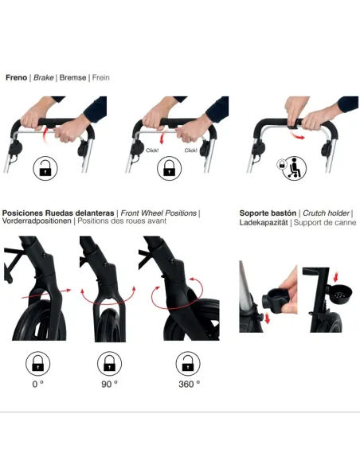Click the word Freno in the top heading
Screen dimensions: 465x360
click(16, 78)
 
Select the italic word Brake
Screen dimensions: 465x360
click(44, 78)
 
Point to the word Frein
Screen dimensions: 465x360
click(100, 78)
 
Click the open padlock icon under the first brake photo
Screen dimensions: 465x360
click(45, 169)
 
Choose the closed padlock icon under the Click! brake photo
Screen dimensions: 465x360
click(168, 169)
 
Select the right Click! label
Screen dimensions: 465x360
click(190, 150)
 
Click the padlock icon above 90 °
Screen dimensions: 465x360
click(110, 364)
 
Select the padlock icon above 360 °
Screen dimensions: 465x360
click(188, 364)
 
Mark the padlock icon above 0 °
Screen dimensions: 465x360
click(37, 364)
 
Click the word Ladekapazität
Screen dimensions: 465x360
click(264, 223)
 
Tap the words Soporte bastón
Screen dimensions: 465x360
click(268, 213)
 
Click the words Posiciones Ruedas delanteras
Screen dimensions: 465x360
click(58, 213)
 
